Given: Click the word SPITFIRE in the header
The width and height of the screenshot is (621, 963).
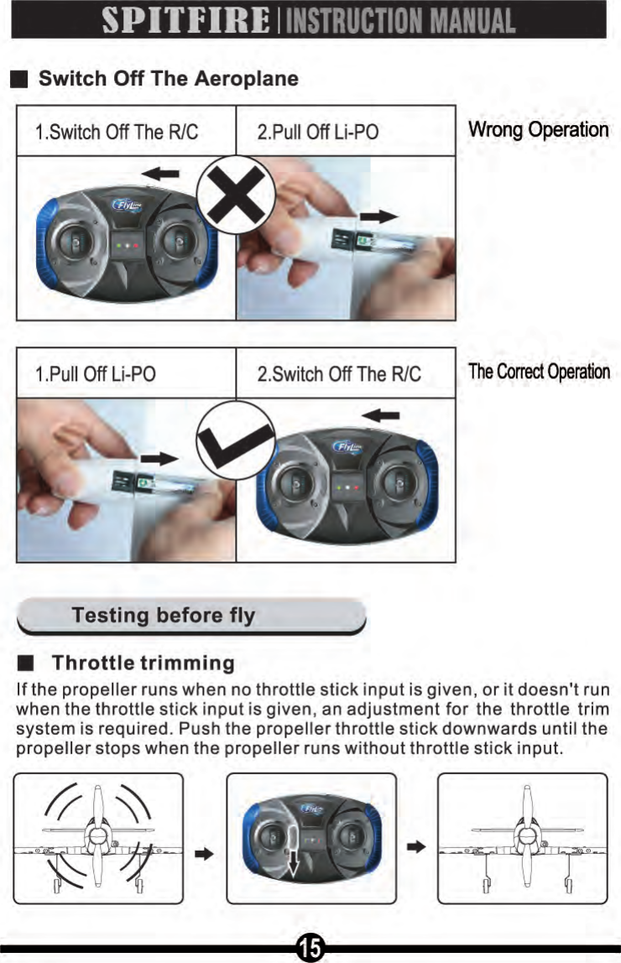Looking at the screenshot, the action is coord(183,20).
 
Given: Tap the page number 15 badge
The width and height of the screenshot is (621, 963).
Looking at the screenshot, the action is coord(310,948).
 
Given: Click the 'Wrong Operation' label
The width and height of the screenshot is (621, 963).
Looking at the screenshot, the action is coord(538,130).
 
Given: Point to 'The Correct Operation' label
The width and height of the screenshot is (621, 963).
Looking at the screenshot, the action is coord(539,372).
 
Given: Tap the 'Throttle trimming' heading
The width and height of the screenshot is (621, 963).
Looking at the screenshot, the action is coord(143,664).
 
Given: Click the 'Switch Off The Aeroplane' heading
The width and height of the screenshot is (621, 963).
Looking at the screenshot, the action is coord(169,80).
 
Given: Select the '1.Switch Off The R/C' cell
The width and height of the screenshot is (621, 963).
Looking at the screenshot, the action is coord(117,133).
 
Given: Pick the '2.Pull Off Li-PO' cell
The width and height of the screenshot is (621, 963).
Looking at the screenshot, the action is coord(318,133).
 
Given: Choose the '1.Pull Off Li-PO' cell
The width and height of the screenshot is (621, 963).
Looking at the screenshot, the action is coord(96,373).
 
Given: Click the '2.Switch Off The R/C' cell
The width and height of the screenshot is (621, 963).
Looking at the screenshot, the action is coord(339,373).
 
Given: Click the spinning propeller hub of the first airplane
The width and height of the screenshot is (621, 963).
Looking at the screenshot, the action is coord(97,836).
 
